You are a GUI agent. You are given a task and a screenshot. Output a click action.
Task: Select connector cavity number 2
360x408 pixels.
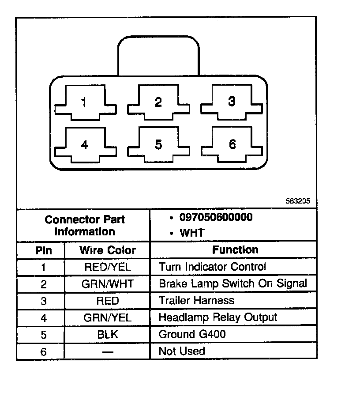(158, 103)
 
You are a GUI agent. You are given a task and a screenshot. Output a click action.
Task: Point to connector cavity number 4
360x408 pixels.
(85, 145)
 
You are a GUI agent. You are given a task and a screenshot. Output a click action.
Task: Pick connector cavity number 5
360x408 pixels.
(158, 145)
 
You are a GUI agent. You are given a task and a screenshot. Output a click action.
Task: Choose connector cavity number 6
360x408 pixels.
(232, 144)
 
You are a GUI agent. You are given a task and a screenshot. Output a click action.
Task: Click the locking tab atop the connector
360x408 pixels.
(157, 55)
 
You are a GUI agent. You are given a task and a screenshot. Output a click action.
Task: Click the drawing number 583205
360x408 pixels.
(298, 200)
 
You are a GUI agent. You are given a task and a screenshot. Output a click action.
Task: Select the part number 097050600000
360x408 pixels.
(216, 218)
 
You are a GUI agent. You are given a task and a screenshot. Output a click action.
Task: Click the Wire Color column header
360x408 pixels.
(107, 250)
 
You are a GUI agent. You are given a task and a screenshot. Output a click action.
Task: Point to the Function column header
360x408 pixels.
(235, 250)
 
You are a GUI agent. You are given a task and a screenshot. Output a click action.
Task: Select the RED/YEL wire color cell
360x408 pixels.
(107, 267)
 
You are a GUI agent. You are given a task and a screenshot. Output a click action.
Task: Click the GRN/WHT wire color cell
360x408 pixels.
(107, 284)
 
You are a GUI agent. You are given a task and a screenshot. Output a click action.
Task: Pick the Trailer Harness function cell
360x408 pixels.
(196, 301)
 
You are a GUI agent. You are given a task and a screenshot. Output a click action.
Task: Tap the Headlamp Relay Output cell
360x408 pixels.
(218, 317)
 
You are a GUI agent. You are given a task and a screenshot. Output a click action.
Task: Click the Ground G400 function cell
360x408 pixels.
(192, 334)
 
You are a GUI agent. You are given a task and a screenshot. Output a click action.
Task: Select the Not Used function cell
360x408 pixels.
(182, 351)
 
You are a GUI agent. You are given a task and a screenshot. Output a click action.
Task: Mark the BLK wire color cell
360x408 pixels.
(107, 335)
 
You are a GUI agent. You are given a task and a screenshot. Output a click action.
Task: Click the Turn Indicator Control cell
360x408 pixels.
(212, 267)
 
